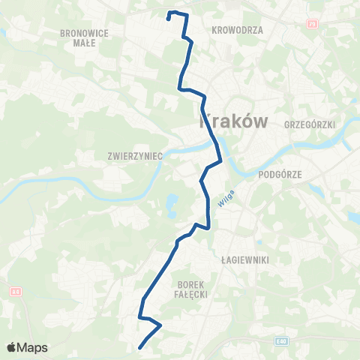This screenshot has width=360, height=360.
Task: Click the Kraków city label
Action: [x=231, y=120]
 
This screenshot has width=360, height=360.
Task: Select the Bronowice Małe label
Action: [x=88, y=38]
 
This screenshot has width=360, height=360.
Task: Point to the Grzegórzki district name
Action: [x=309, y=124]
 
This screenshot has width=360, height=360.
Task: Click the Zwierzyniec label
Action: [x=135, y=157]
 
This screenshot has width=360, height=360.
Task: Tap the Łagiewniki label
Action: [x=240, y=259]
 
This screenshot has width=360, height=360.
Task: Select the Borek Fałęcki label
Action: [x=191, y=289]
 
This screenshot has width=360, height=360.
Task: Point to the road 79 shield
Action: [x=311, y=25]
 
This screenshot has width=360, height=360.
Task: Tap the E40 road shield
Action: [x=280, y=341]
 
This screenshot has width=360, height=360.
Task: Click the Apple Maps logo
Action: [x=27, y=347]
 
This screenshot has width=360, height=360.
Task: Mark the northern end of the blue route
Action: [x=168, y=18]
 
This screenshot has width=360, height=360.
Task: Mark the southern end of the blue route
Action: [x=140, y=346]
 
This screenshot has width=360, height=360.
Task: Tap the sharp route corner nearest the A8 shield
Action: [x=142, y=317]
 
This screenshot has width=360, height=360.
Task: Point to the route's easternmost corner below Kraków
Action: [x=221, y=160]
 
